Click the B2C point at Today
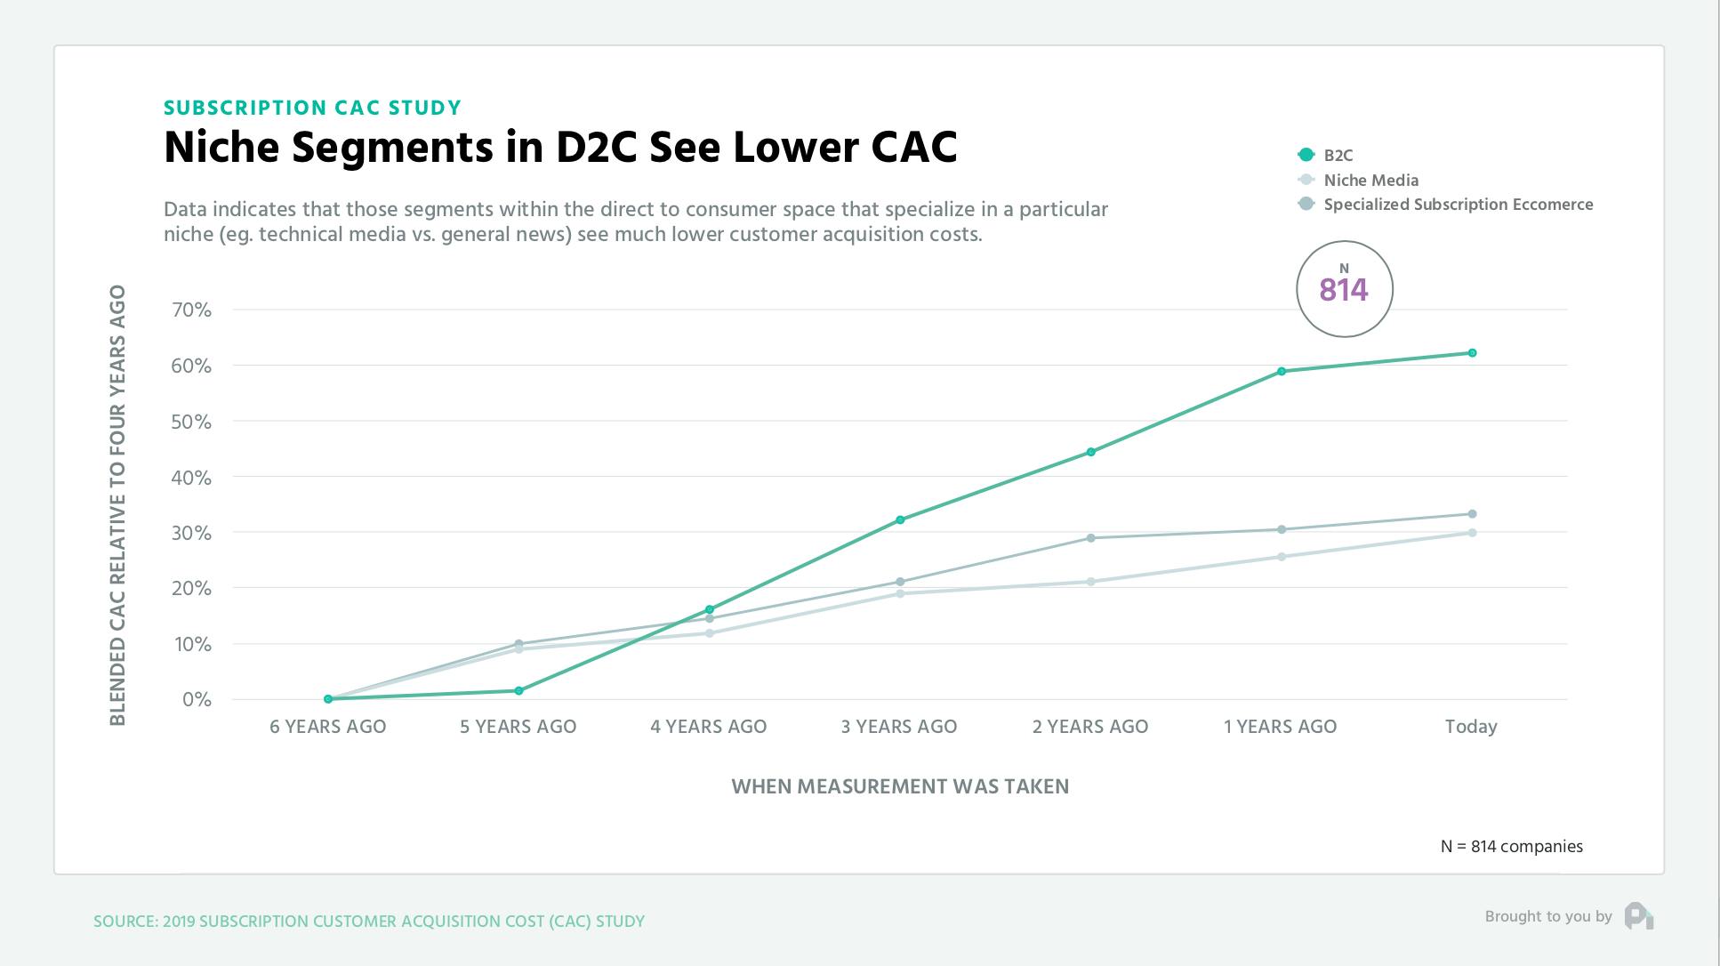pyautogui.click(x=1472, y=353)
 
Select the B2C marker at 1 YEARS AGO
pyautogui.click(x=1282, y=371)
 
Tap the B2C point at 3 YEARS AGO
pyautogui.click(x=900, y=519)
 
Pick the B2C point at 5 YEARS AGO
pyautogui.click(x=518, y=690)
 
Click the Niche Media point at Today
pyautogui.click(x=1472, y=533)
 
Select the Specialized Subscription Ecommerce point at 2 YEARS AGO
pyautogui.click(x=1091, y=538)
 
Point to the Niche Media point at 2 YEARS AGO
pyautogui.click(x=1091, y=582)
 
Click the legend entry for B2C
pyautogui.click(x=1338, y=156)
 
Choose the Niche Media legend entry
pyautogui.click(x=1370, y=180)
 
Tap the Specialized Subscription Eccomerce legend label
pyautogui.click(x=1458, y=205)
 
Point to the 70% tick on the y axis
pyautogui.click(x=192, y=310)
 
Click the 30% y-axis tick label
pyautogui.click(x=192, y=533)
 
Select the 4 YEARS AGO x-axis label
pyautogui.click(x=708, y=727)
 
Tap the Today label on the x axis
pyautogui.click(x=1471, y=727)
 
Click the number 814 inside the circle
pyautogui.click(x=1344, y=290)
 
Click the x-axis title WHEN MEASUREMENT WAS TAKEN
pyautogui.click(x=900, y=786)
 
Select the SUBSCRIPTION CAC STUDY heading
pyautogui.click(x=312, y=108)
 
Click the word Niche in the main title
pyautogui.click(x=221, y=148)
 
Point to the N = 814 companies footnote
pyautogui.click(x=1511, y=847)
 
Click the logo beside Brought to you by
pyautogui.click(x=1638, y=916)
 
